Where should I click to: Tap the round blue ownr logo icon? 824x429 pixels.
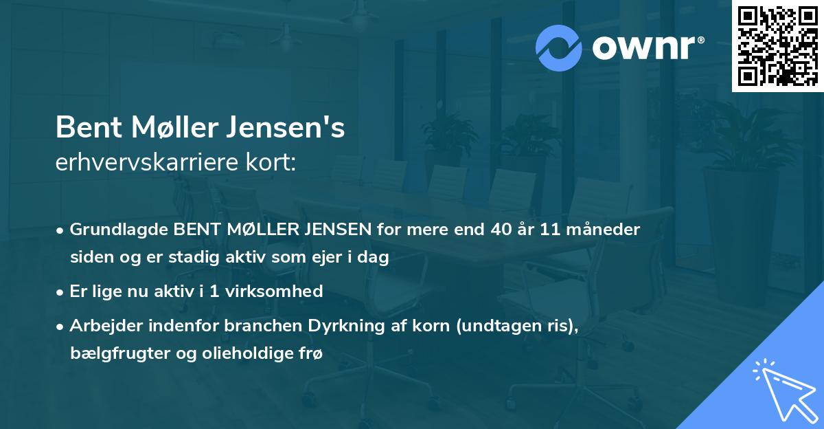click(559, 47)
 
